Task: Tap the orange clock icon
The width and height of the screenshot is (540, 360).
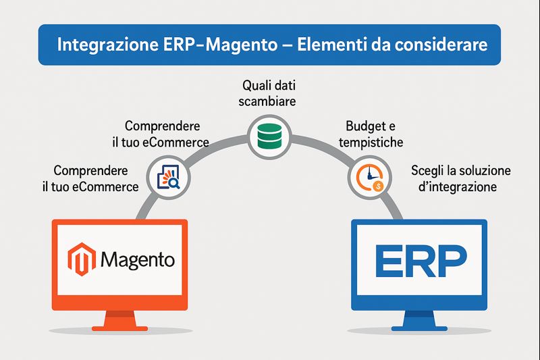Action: click(367, 178)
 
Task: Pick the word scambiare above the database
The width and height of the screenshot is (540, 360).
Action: click(270, 102)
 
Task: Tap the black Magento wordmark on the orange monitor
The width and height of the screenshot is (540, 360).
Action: click(138, 259)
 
